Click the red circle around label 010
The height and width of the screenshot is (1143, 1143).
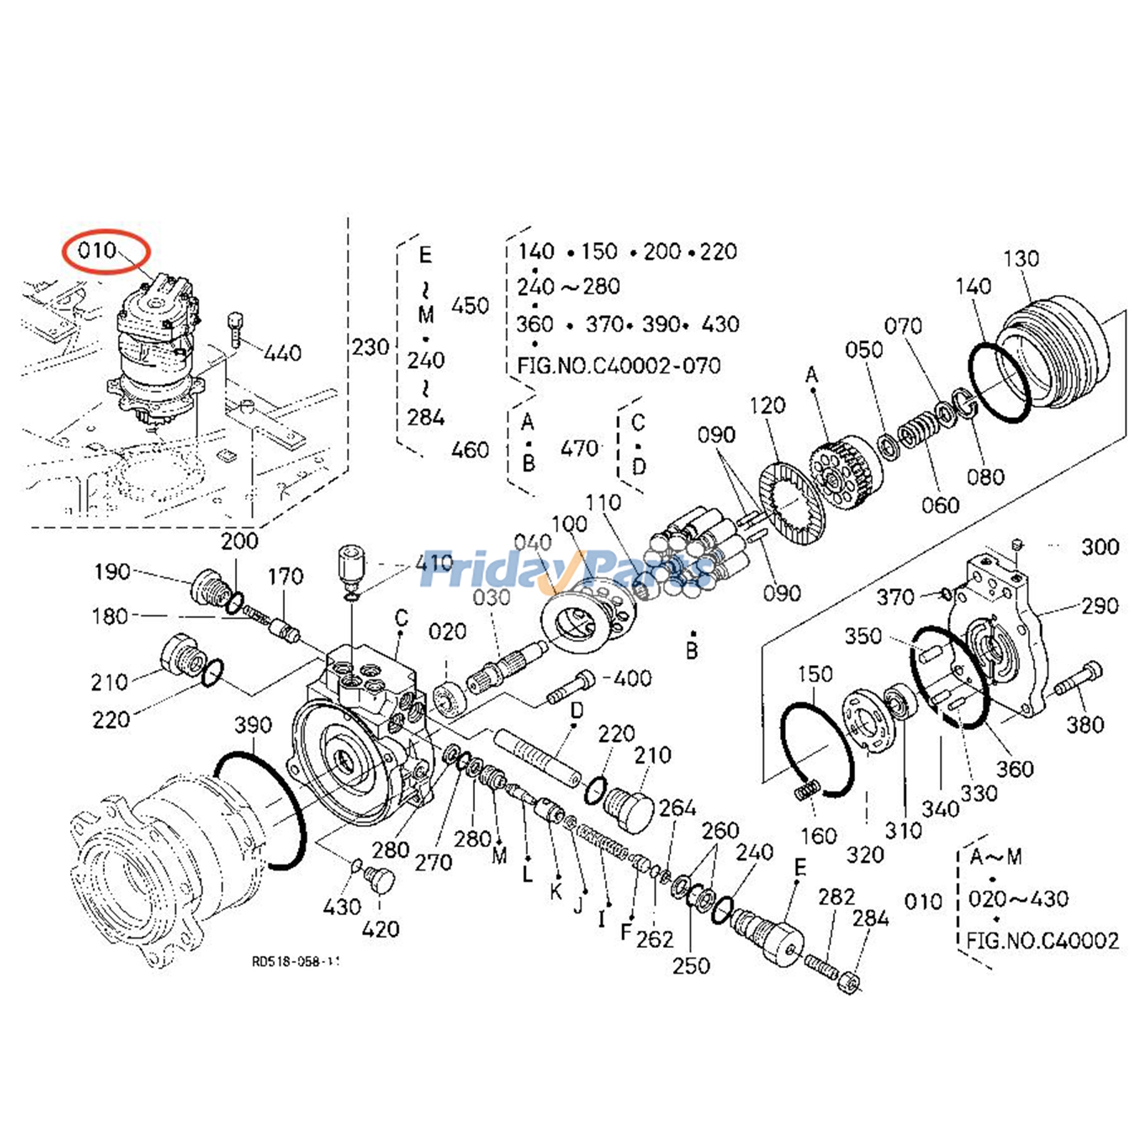[x=106, y=251]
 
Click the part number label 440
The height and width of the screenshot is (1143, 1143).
[x=283, y=353]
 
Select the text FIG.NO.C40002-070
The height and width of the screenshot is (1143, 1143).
[x=619, y=366]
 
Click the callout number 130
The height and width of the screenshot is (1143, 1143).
[x=1021, y=259]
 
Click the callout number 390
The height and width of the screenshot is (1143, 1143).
[x=253, y=725]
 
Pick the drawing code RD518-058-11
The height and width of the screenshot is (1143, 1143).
[x=294, y=961]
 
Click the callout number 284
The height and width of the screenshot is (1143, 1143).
[x=870, y=918]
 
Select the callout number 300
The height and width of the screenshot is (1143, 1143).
[x=1099, y=547]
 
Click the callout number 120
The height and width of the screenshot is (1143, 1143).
[x=767, y=406]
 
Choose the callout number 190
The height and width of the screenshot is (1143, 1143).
[x=112, y=571]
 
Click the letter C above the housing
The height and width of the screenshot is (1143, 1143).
[x=401, y=618]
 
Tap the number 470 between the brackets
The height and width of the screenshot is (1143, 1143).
[x=579, y=449]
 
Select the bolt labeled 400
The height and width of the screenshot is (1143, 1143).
[x=571, y=687]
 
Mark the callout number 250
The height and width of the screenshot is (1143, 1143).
[x=691, y=965]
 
